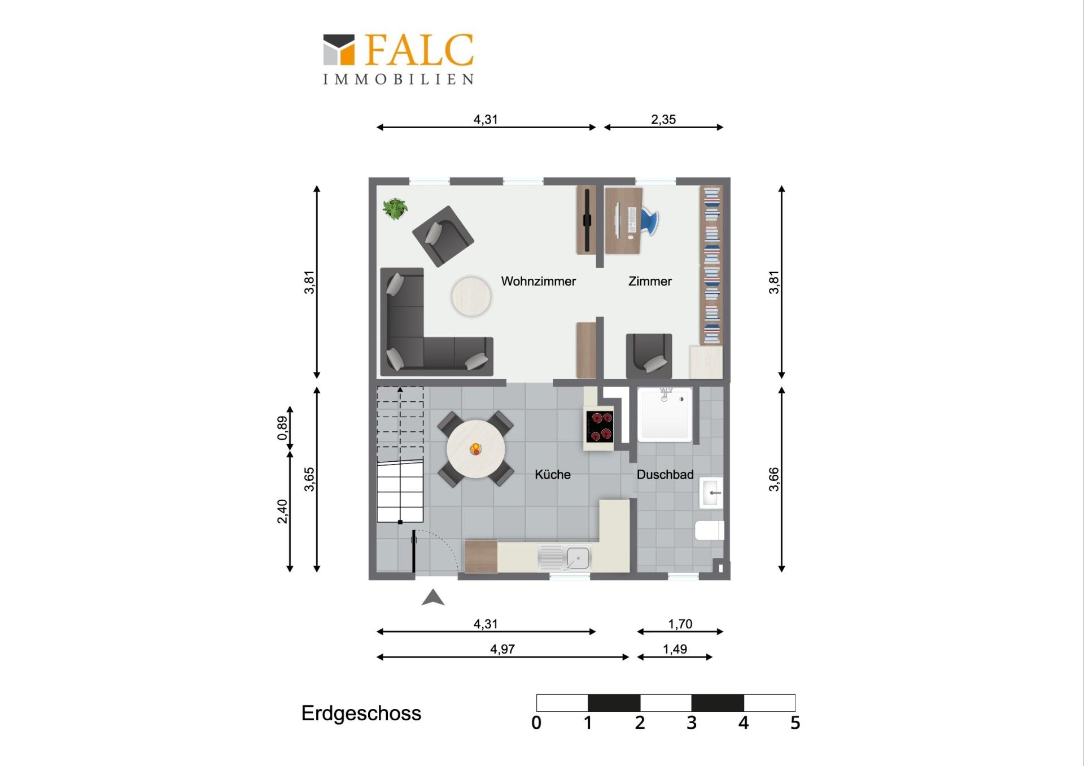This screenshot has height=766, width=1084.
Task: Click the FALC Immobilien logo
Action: pyautogui.click(x=398, y=59)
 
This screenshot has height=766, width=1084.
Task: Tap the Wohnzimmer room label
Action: pyautogui.click(x=538, y=281)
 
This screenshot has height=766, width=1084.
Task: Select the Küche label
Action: pyautogui.click(x=552, y=475)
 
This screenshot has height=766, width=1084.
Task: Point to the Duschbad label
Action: pyautogui.click(x=665, y=475)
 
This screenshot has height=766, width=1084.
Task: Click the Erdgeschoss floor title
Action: pyautogui.click(x=361, y=714)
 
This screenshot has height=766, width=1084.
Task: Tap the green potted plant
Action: pyautogui.click(x=395, y=209)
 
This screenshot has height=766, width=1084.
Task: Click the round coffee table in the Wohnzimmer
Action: pyautogui.click(x=471, y=296)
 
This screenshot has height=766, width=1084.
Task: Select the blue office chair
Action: pyautogui.click(x=649, y=220)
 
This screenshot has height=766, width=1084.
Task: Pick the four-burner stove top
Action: pyautogui.click(x=599, y=426)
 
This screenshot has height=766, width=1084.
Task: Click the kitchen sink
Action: pyautogui.click(x=564, y=558)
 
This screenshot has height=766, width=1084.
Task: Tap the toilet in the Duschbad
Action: pyautogui.click(x=710, y=530)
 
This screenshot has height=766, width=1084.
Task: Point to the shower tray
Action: pyautogui.click(x=665, y=414)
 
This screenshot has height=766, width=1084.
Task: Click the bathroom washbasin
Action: pyautogui.click(x=711, y=493)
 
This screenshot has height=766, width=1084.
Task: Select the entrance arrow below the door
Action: pyautogui.click(x=433, y=597)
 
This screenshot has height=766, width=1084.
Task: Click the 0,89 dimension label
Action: pyautogui.click(x=282, y=428)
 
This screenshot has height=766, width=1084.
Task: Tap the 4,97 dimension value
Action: pyautogui.click(x=502, y=649)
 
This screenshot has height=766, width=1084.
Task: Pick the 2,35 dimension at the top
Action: pyautogui.click(x=663, y=120)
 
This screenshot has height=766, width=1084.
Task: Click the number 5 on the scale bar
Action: pyautogui.click(x=795, y=723)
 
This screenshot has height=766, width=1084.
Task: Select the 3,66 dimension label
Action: pyautogui.click(x=773, y=479)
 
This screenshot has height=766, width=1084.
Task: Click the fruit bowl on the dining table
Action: pyautogui.click(x=476, y=449)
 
